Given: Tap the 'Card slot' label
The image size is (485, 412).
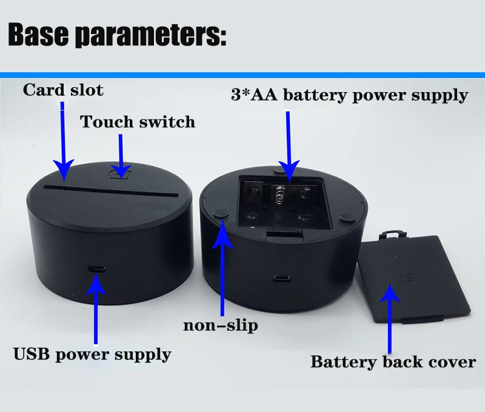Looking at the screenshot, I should [63, 90].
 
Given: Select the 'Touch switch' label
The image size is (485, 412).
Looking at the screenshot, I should [138, 122].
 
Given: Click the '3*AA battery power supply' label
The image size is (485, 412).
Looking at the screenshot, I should [349, 95].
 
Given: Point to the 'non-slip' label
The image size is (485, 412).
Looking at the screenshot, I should [220, 325].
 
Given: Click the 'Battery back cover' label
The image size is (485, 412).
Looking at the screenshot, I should [393, 362].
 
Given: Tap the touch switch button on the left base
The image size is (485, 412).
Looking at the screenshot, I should [119, 173].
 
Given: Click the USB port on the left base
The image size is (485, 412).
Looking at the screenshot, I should [95, 268].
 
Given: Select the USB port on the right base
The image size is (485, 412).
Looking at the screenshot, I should [280, 279].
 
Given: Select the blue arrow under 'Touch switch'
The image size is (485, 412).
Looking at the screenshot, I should [121, 154].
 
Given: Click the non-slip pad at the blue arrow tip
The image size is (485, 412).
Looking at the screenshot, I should [221, 213].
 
